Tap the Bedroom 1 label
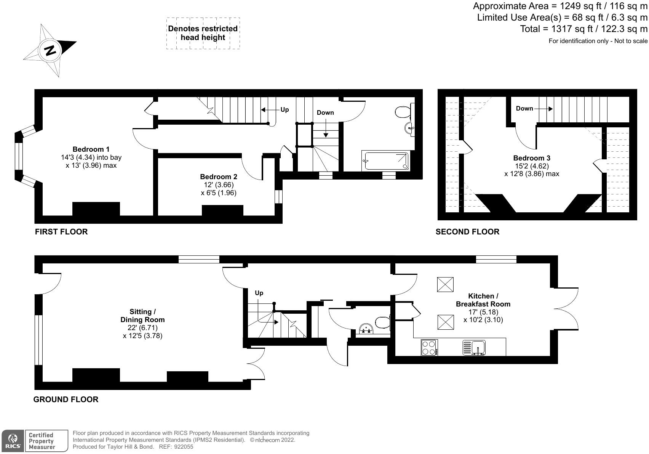click(x=91, y=149)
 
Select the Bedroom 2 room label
click(x=218, y=176)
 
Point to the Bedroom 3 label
click(x=531, y=158)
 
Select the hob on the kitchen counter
click(x=429, y=348)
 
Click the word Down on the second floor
click(x=524, y=109)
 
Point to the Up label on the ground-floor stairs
click(x=259, y=293)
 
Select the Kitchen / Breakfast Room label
click(x=483, y=300)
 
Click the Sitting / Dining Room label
click(x=142, y=316)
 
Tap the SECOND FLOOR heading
click(x=467, y=232)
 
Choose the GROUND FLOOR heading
click(x=66, y=399)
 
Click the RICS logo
click(x=13, y=441)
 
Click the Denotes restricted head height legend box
click(x=203, y=33)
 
